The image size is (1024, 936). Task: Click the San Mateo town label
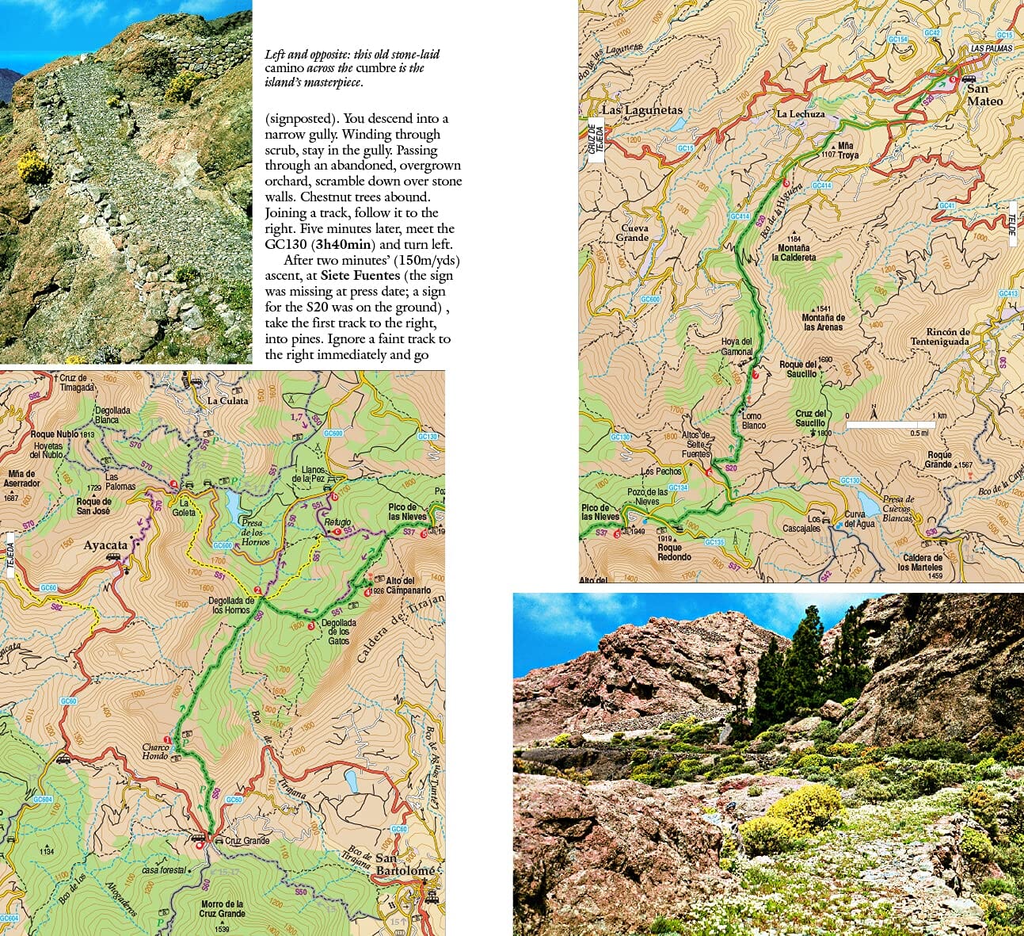(984, 95)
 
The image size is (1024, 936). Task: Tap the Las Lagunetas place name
(641, 110)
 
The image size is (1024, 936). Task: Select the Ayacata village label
(105, 545)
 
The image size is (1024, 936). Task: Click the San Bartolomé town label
(405, 865)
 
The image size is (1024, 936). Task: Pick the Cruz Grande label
(247, 841)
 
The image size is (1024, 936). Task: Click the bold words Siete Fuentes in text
(360, 275)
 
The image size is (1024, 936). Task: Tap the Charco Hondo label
(155, 751)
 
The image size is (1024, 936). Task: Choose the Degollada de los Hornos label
(231, 606)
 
